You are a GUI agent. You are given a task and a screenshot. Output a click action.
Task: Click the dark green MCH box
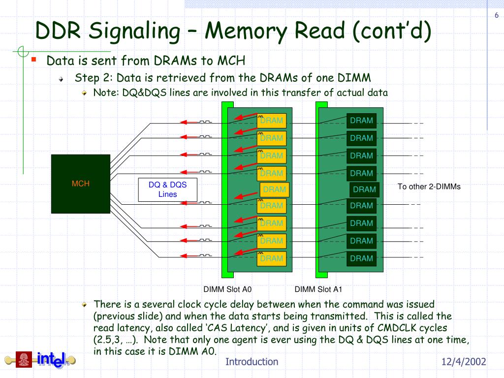point(81,184)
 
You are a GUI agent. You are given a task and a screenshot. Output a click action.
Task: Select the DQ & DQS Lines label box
point(167,189)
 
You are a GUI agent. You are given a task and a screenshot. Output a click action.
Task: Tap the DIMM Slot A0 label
point(227,289)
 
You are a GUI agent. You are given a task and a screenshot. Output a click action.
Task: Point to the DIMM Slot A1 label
point(318,289)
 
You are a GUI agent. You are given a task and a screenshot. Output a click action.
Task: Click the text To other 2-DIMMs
point(429,187)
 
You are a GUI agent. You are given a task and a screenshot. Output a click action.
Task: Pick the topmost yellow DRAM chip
point(272,121)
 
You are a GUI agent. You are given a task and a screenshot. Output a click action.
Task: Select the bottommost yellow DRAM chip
point(272,258)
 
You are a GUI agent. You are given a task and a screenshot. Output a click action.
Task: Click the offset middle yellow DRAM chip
point(275,189)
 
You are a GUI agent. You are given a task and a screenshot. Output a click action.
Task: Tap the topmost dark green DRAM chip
point(362,121)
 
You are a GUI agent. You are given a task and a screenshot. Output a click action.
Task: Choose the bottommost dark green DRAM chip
point(362,258)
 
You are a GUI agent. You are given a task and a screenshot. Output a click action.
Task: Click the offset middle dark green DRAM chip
point(365,189)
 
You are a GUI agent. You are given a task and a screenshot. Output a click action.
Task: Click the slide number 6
point(497,15)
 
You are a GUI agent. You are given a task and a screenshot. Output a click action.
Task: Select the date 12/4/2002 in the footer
point(464,362)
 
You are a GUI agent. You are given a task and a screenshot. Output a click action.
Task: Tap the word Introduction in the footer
point(252,362)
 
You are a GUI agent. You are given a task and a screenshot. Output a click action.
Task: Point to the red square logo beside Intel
point(24,359)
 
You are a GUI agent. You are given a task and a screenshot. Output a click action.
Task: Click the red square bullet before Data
point(34,59)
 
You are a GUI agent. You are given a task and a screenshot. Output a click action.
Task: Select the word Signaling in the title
point(134,31)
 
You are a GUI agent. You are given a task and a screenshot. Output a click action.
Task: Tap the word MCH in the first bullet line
point(231,61)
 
